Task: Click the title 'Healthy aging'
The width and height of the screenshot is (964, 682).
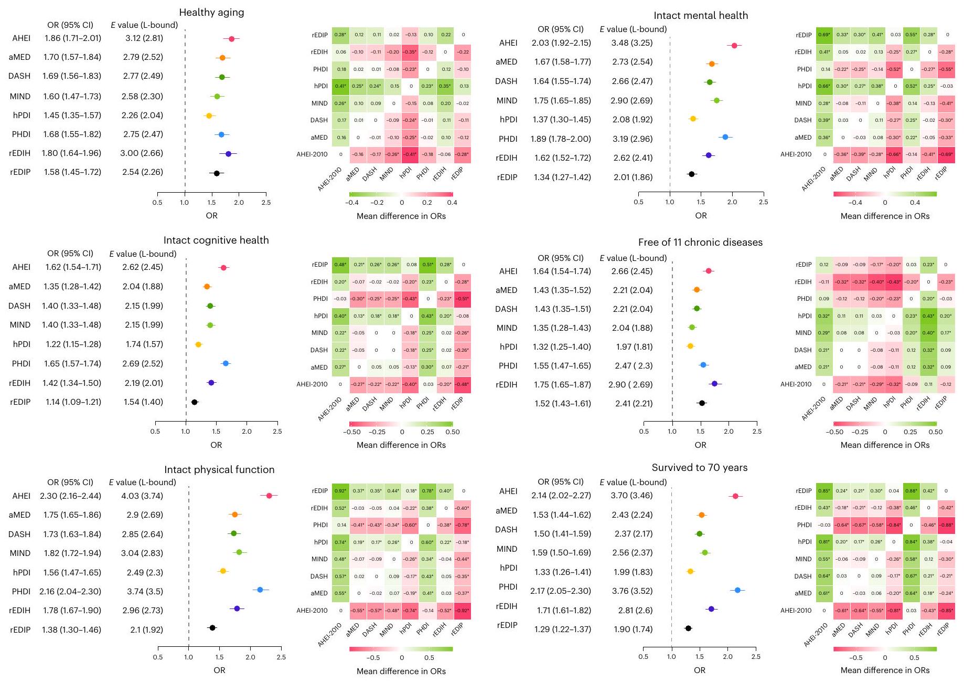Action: [x=211, y=13]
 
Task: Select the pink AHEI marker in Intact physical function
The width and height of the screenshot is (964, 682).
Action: [x=269, y=496]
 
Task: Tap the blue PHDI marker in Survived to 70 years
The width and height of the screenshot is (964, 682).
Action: [x=737, y=590]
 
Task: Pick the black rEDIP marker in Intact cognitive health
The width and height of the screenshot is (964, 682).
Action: [x=195, y=402]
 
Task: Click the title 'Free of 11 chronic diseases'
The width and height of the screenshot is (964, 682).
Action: [x=700, y=243]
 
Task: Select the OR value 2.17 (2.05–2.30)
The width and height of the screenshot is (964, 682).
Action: [x=560, y=591]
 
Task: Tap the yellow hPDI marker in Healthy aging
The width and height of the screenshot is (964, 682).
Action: [x=209, y=116]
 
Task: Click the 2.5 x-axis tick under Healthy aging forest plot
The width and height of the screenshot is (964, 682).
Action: [x=266, y=203]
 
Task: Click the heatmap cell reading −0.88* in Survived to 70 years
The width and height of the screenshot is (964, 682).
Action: [x=946, y=525]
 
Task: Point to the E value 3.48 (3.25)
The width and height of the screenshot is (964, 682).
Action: [x=632, y=43]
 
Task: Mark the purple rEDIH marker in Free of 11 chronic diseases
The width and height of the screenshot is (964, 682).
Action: [x=714, y=384]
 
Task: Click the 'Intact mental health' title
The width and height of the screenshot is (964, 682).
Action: [x=701, y=16]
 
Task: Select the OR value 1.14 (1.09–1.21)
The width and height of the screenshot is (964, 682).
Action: [x=71, y=402]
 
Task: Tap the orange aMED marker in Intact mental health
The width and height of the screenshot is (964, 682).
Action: [x=712, y=64]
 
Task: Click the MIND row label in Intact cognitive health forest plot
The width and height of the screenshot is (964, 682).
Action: [x=20, y=325]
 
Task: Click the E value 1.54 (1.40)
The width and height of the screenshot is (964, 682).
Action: [x=144, y=402]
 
